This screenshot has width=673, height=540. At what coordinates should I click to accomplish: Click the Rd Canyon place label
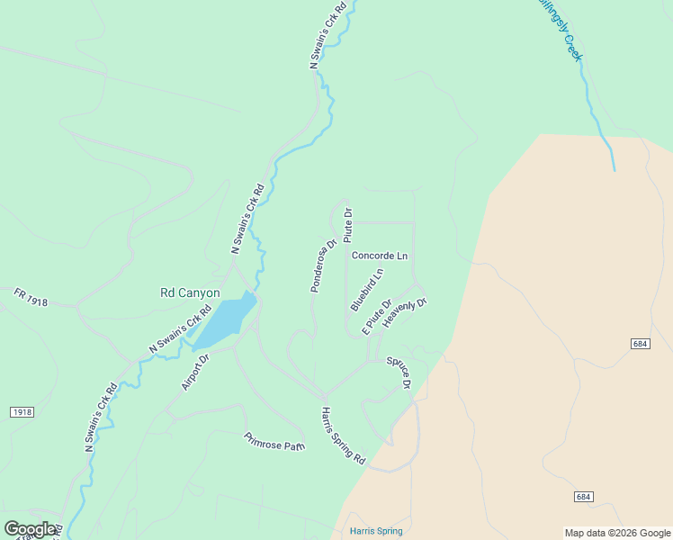point(190,292)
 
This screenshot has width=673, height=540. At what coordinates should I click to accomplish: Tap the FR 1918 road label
point(31,298)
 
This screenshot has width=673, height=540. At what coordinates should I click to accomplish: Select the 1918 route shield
point(22,412)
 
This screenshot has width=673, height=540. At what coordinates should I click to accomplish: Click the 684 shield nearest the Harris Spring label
point(584,497)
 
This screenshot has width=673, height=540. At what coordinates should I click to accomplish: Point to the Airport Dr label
point(195,372)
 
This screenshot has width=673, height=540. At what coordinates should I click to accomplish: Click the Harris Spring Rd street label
point(343,436)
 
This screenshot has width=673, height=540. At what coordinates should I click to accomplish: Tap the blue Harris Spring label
point(376,531)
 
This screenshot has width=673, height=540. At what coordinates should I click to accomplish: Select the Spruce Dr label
point(399,373)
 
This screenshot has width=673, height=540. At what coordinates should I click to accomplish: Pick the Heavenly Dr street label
point(404,311)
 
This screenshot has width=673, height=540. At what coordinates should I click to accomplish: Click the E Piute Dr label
point(377,317)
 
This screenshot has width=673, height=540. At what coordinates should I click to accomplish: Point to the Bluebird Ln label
point(367,290)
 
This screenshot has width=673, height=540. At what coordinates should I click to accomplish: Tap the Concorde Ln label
point(379,256)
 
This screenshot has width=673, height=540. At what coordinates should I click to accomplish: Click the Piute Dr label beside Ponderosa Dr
point(348,222)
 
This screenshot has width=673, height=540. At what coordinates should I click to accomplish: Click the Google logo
point(30,529)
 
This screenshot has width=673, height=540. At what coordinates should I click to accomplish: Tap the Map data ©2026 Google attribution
point(616,533)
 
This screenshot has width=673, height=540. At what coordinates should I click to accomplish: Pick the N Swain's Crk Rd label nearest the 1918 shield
point(101,417)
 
